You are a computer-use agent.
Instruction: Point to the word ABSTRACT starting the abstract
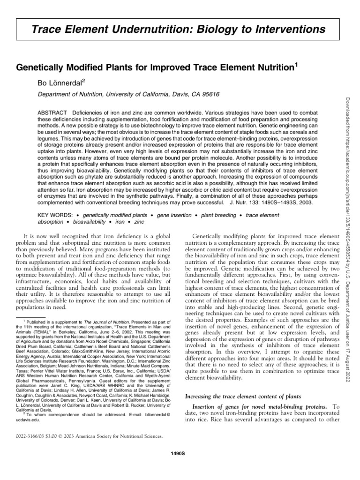point(52,113)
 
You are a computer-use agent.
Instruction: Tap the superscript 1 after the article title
point(295,65)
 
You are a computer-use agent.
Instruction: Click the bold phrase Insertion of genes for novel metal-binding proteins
point(253,406)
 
